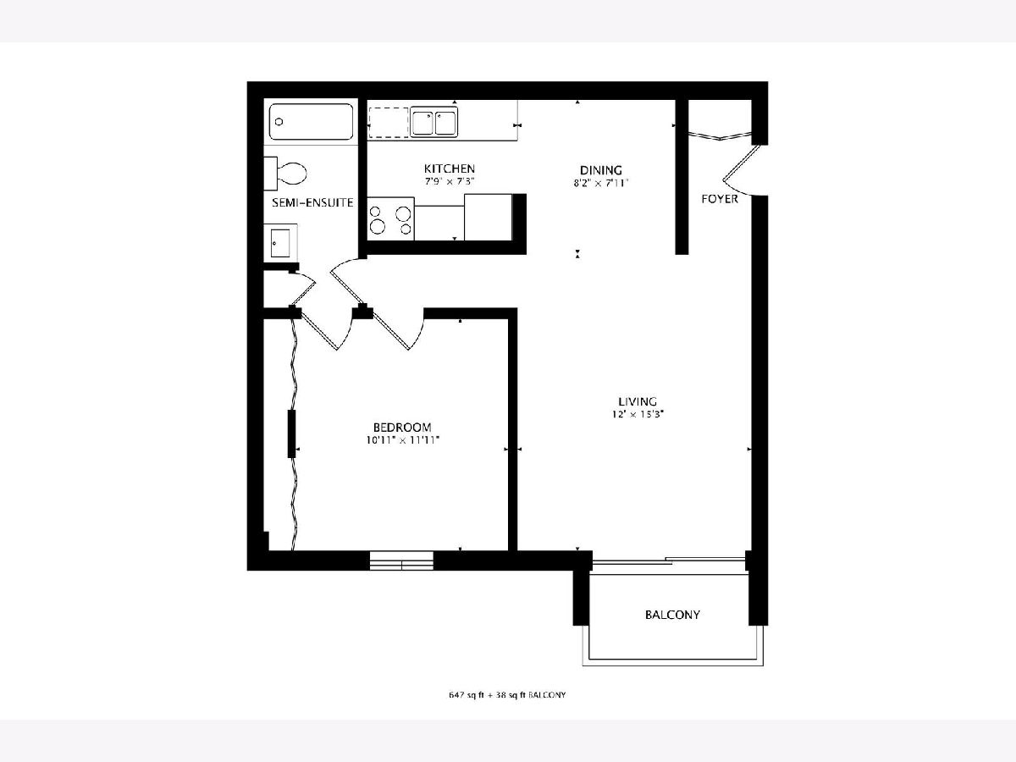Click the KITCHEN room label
(450, 168)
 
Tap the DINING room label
(601, 170)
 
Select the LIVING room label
(638, 401)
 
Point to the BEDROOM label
(402, 428)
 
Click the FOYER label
(720, 199)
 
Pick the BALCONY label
(672, 615)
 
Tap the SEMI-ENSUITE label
(312, 202)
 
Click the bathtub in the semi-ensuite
(311, 122)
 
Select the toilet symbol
(285, 174)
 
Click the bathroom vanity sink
(280, 243)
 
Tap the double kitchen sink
(434, 123)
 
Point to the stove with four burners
(390, 219)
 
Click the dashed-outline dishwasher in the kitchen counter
(389, 123)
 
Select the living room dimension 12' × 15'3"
(638, 415)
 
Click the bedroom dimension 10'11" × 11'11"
(402, 440)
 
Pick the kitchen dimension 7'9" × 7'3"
(450, 181)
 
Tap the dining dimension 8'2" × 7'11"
(601, 183)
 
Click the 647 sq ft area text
(467, 695)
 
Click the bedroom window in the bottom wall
(402, 560)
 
